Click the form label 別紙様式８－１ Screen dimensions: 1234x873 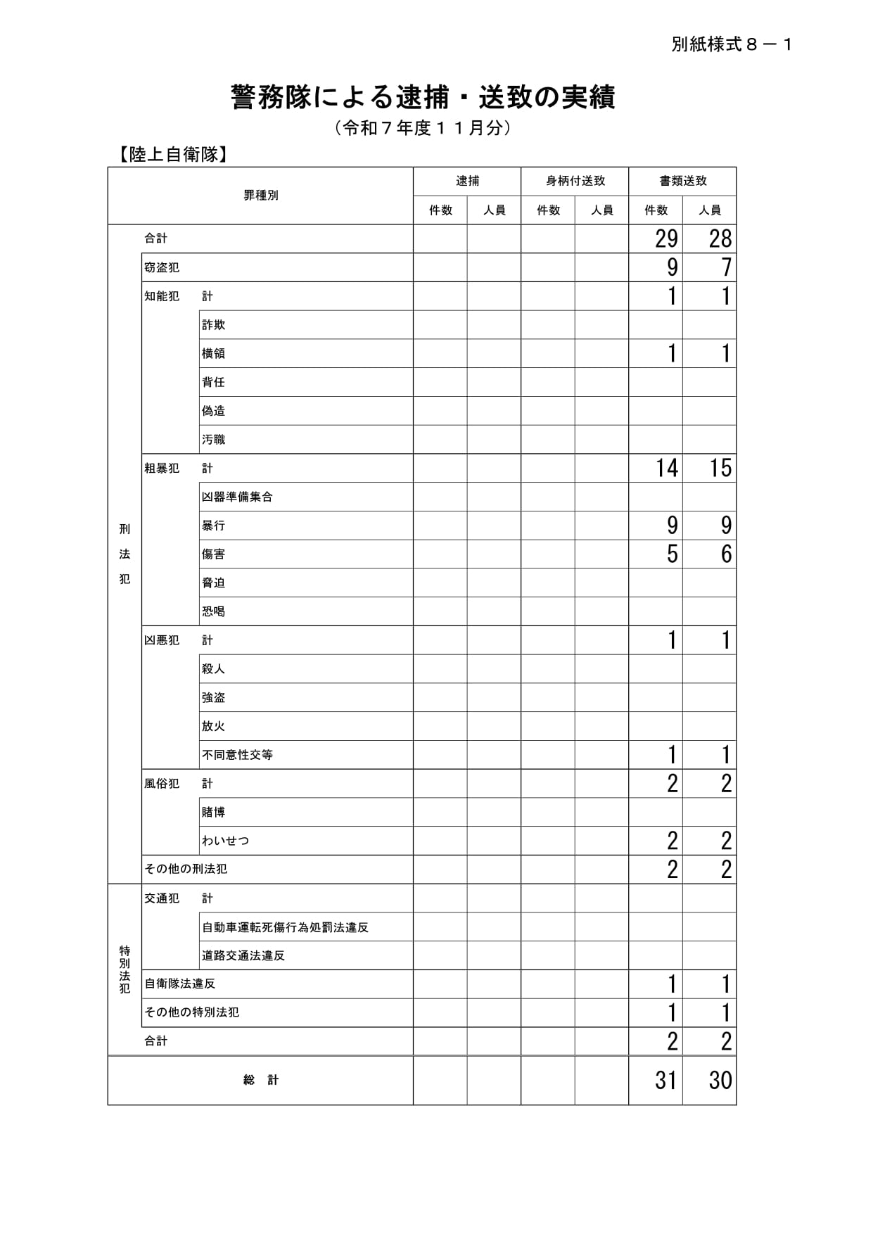pos(732,45)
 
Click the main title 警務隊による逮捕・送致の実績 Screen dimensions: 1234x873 pos(423,98)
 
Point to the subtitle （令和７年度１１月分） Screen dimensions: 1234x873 pos(423,128)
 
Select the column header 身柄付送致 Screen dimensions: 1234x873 pos(575,181)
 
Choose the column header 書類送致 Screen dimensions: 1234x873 pos(682,181)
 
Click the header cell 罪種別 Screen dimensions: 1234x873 pos(261,196)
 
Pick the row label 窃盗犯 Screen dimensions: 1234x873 pos(162,267)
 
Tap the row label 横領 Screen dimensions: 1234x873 pos(213,353)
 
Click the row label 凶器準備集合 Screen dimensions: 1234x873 pos(237,497)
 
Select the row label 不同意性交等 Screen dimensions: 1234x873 pos(237,755)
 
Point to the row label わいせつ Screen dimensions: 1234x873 pos(225,841)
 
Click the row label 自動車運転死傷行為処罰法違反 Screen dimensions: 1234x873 pos(285,927)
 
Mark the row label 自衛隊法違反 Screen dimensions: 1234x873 pos(179,984)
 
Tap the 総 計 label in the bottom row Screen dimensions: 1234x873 pos(261,1080)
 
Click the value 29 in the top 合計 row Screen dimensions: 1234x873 pos(665,239)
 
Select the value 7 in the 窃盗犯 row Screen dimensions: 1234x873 pos(727,267)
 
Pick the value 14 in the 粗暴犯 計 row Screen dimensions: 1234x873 pos(666,468)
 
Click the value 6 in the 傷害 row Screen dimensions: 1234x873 pos(726,554)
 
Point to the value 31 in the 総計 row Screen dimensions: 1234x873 pos(665,1080)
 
